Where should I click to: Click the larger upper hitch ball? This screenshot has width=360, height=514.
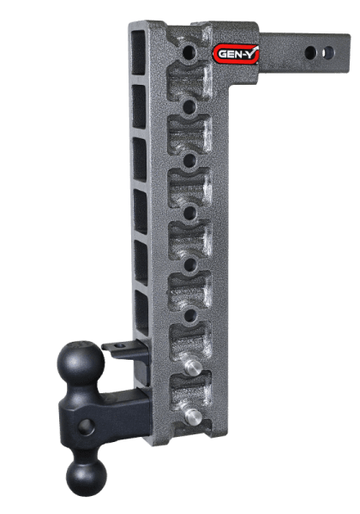point(83,366)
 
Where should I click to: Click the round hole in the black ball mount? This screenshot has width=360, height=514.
point(87,426)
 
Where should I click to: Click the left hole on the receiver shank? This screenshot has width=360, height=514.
point(308,52)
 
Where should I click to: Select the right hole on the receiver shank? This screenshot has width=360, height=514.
point(328,52)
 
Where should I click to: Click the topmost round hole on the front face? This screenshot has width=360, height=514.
point(186,54)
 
